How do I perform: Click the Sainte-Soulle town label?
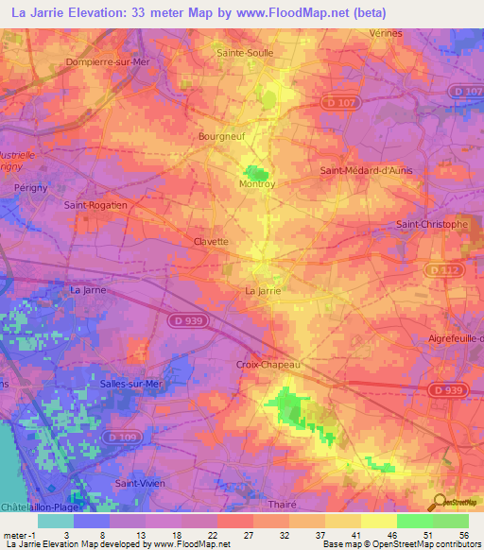coord(246,53)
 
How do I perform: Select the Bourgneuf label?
coord(222,136)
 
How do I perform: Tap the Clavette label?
coord(212,241)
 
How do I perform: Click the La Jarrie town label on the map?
coord(264,291)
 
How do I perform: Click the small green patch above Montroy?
coord(255,173)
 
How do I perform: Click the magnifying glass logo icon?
coord(438,503)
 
